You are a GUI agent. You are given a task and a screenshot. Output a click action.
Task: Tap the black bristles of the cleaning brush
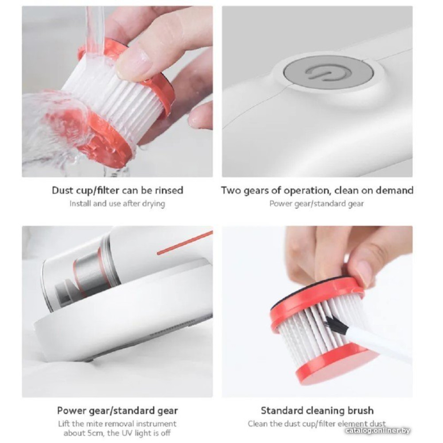tap(336, 325)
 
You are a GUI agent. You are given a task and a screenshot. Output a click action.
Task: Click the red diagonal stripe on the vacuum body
tap(185, 242)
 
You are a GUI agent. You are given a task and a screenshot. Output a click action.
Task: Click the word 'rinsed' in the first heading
tap(169, 190)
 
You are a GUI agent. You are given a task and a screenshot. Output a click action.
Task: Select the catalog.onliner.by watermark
tap(378, 431)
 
